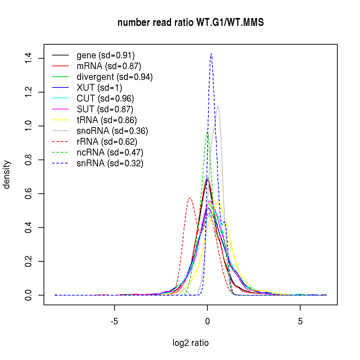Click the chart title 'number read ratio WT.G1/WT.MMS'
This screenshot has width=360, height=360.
coord(190,23)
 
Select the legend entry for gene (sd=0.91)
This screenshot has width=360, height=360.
coord(105,55)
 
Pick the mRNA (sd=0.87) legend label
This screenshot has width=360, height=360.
coord(109,66)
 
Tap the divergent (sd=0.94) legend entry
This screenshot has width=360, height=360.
coord(114,77)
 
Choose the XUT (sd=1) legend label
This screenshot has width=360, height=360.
coord(99,87)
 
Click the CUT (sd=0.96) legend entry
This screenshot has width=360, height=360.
coord(105,98)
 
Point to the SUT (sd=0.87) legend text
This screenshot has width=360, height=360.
coord(105,109)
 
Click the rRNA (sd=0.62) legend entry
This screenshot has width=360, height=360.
coord(107,141)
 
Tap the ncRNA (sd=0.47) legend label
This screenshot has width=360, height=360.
coord(110,152)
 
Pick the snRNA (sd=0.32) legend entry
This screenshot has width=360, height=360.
coord(110,163)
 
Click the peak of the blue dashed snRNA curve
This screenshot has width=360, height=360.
coord(211,54)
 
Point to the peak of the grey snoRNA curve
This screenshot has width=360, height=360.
coord(218,106)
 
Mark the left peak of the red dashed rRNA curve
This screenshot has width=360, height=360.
coord(190,198)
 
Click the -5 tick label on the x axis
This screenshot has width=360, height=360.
coord(114,321)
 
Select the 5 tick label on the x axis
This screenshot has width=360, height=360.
coord(300,321)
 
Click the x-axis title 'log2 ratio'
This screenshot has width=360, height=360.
coord(190,343)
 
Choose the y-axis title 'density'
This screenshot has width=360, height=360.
coord(7,174)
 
